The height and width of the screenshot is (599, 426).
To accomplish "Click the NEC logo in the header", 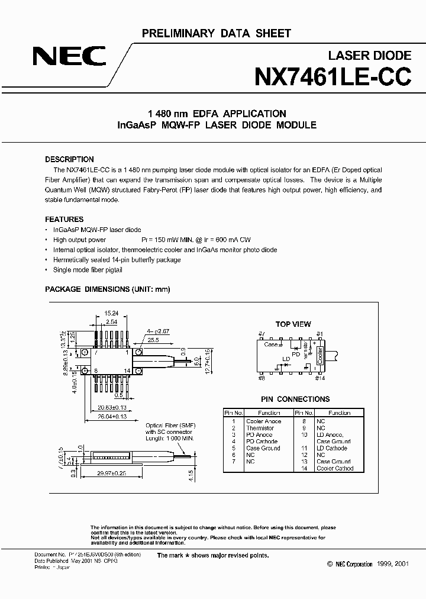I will coord(69,57).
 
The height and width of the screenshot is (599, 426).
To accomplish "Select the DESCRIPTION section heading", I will coord(69,159).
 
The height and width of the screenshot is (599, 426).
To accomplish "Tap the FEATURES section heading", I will coord(64,218).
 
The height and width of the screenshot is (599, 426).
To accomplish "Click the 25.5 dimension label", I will coord(153,341).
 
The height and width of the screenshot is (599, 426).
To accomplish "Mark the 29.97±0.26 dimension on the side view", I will coord(111,473).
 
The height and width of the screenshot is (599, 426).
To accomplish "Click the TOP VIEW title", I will coord(293,324).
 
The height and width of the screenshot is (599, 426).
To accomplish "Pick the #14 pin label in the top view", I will coord(320,378).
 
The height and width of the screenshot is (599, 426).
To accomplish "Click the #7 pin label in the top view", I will coord(261,334).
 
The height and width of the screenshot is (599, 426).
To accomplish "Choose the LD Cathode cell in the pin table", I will coord(332,448).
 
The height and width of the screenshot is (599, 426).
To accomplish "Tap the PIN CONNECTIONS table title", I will coord(295,399).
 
